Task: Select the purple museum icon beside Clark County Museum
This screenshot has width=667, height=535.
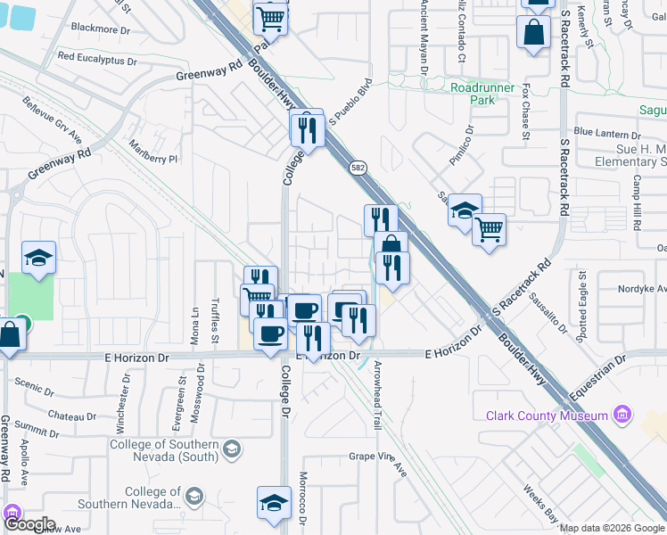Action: [x=623, y=416]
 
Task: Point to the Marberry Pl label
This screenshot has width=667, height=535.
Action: [x=154, y=152]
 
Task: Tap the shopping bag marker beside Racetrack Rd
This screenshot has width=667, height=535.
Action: [x=533, y=32]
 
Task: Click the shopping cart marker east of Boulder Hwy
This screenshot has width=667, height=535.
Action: [x=489, y=229]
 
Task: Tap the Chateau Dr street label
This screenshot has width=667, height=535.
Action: [x=71, y=416]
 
